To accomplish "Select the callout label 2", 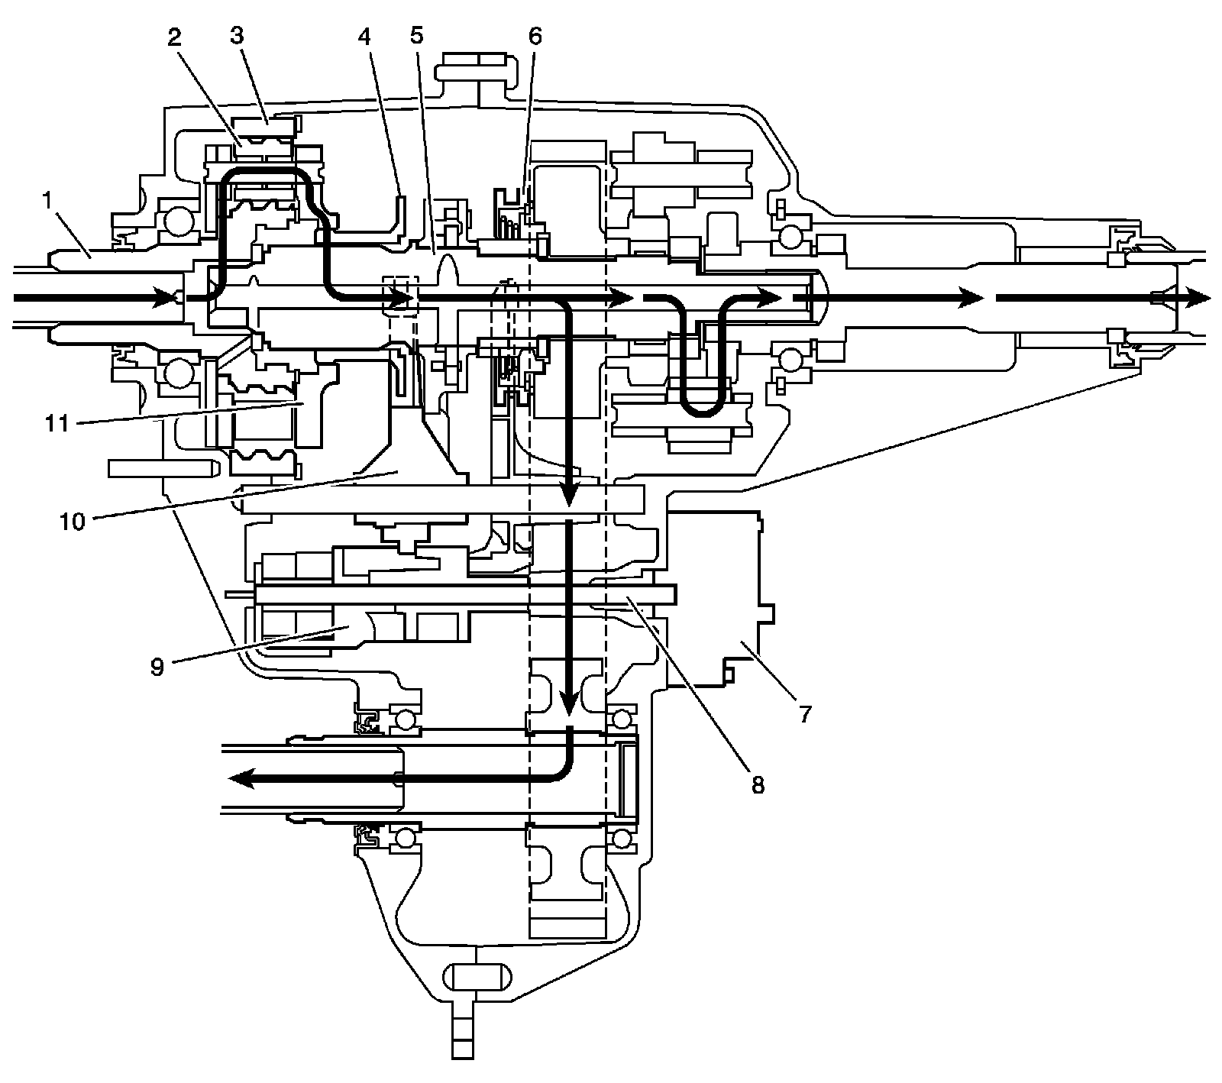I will point(176,38).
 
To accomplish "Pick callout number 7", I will point(805,715).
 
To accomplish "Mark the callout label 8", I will point(757,784).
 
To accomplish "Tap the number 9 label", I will point(157,666).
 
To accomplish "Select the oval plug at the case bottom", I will point(474,977).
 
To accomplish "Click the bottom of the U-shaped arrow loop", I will point(700,413).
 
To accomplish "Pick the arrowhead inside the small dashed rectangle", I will point(402,297).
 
